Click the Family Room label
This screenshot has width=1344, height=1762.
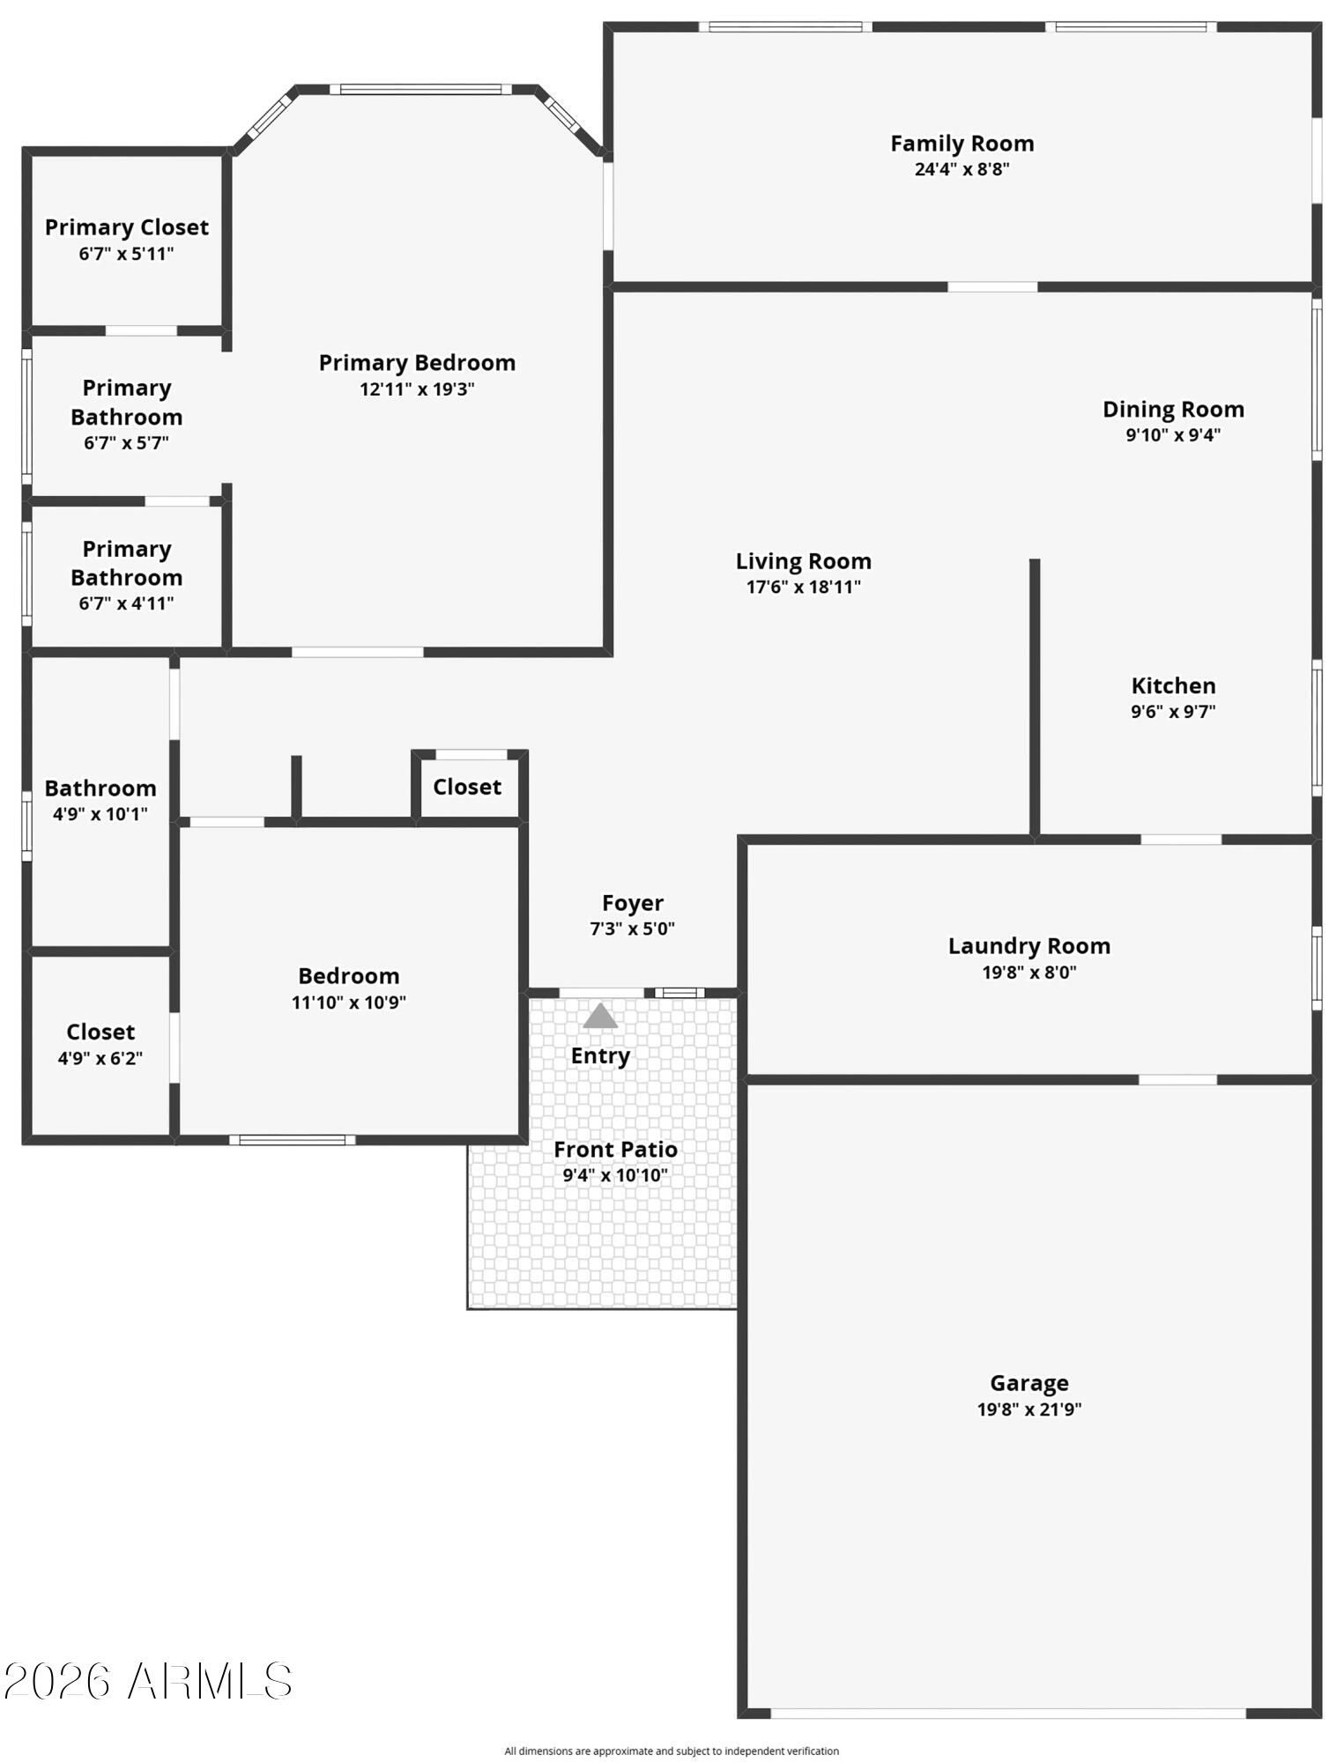pyautogui.click(x=962, y=144)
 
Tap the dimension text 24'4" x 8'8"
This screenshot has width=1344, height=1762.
pyautogui.click(x=962, y=169)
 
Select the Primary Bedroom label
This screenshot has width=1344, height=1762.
pyautogui.click(x=417, y=363)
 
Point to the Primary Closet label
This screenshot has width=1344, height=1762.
pyautogui.click(x=127, y=227)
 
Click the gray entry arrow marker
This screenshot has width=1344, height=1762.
pyautogui.click(x=600, y=1016)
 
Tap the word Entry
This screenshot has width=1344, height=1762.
pyautogui.click(x=600, y=1056)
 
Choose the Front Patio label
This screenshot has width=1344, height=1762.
pyautogui.click(x=615, y=1150)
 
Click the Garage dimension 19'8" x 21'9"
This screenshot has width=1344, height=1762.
pyautogui.click(x=1028, y=1409)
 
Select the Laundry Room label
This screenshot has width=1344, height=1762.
pyautogui.click(x=1028, y=946)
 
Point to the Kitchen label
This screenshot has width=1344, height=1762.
pyautogui.click(x=1173, y=685)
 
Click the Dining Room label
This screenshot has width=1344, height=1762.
pyautogui.click(x=1173, y=410)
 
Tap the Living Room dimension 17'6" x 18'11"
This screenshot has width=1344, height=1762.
pyautogui.click(x=803, y=588)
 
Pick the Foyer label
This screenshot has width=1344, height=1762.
pyautogui.click(x=632, y=903)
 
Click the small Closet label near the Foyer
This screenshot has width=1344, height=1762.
pyautogui.click(x=467, y=787)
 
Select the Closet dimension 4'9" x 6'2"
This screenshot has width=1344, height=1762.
pyautogui.click(x=100, y=1058)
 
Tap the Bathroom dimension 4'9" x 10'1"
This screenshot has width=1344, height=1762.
pyautogui.click(x=100, y=814)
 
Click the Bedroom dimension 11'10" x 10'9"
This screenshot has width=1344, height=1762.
pyautogui.click(x=349, y=1002)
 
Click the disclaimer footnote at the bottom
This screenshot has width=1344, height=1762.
pyautogui.click(x=672, y=1751)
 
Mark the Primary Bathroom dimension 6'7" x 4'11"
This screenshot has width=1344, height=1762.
pyautogui.click(x=127, y=603)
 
